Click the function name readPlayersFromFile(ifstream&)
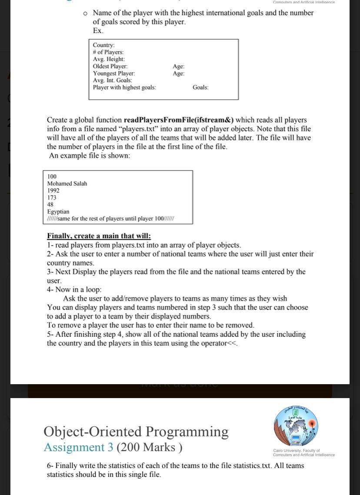click(179, 120)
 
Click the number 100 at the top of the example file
click(52, 176)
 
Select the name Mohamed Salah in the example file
click(67, 183)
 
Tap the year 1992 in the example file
click(53, 190)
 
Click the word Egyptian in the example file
click(58, 211)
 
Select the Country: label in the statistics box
click(103, 45)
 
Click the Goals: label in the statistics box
click(200, 87)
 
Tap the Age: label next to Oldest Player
click(178, 66)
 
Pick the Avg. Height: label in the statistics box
click(109, 59)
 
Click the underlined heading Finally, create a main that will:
click(99, 236)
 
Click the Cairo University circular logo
click(296, 426)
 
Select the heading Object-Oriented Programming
click(136, 432)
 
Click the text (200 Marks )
click(149, 447)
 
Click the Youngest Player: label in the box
click(113, 73)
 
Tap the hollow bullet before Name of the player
click(86, 13)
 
